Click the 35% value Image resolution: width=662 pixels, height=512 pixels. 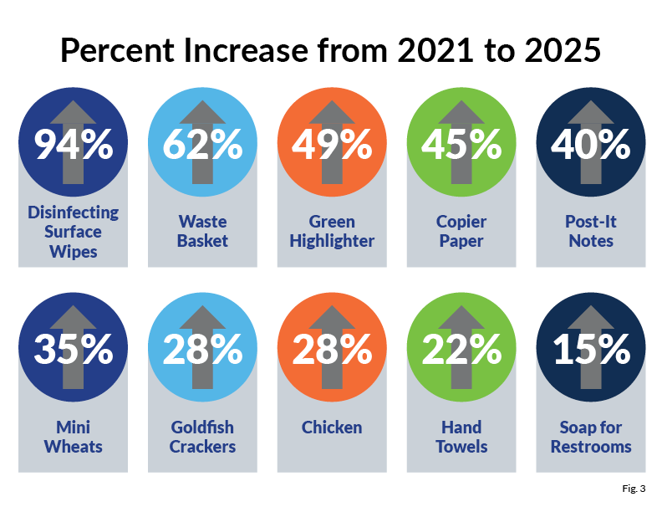point(74,350)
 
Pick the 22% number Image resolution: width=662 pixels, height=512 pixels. point(461,350)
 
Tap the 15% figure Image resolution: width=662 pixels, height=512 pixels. point(591,350)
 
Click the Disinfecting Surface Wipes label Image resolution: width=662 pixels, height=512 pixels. point(74,231)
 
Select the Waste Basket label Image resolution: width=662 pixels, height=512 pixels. point(203,231)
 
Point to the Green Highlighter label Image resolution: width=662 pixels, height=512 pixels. point(332,231)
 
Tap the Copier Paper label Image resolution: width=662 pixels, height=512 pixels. point(461,231)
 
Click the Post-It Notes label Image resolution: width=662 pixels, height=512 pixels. point(591,231)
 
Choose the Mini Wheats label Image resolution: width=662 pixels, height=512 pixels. point(74,437)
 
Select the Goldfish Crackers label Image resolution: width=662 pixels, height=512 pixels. point(203,437)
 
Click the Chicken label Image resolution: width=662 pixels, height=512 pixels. point(332,428)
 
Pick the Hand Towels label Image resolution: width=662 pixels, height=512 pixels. point(461,437)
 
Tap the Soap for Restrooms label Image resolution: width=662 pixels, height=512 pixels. point(591,437)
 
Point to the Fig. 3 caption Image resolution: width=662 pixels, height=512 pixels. point(633,488)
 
